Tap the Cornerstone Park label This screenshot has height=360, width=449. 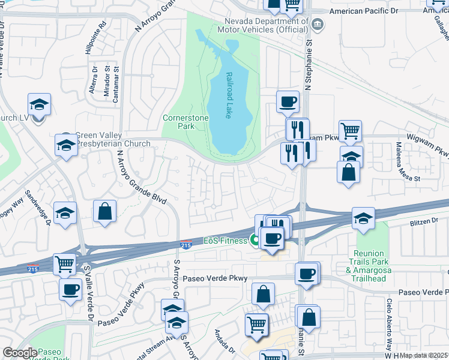click(185, 122)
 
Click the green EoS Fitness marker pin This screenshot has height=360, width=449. click(255, 241)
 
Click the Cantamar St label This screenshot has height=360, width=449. click(116, 88)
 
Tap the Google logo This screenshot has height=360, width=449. click(19, 353)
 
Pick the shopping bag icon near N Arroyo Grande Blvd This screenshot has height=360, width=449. click(104, 211)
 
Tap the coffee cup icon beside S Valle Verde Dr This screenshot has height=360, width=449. click(70, 289)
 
